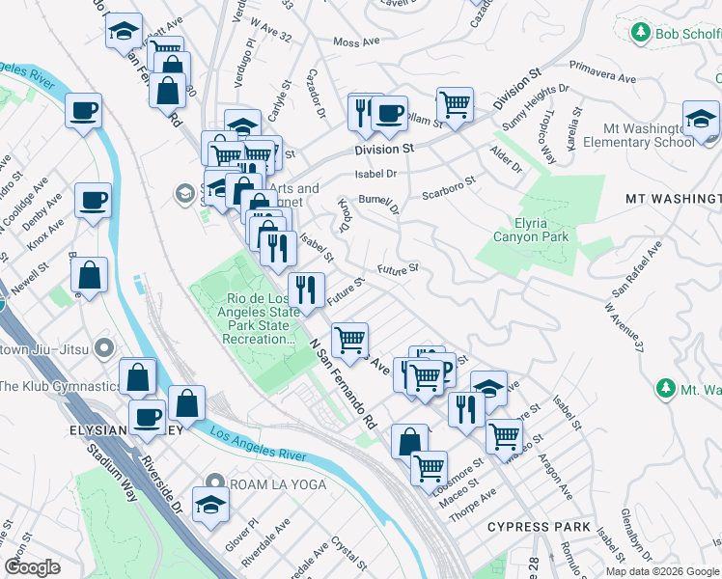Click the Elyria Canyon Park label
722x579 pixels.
point(530,229)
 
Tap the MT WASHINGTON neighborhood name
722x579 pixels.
point(672,199)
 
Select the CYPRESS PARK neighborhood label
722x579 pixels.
point(539,527)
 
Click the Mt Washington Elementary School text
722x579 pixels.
point(647,135)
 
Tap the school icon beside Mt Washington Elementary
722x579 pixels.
point(701,120)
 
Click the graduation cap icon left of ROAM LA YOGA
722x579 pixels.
point(210,504)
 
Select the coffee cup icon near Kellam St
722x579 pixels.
point(390,114)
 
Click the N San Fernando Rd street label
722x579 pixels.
point(345,384)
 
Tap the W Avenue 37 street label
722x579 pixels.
point(623,326)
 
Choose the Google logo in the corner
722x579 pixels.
point(33,567)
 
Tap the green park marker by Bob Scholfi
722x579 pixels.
point(639,34)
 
